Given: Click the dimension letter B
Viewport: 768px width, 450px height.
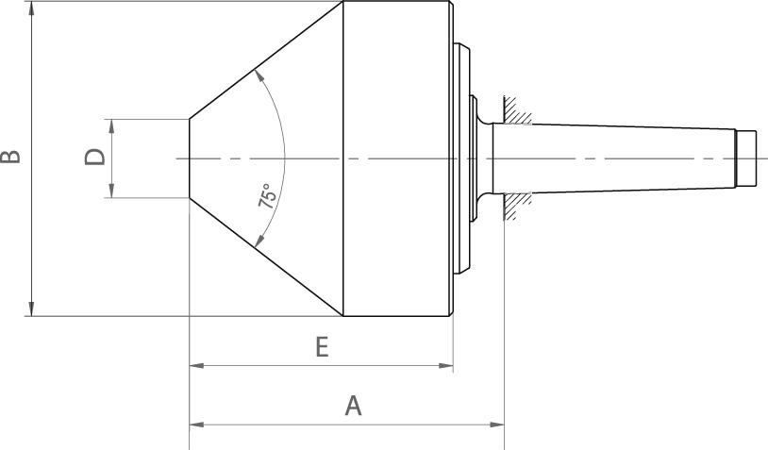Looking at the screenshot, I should point(10,157).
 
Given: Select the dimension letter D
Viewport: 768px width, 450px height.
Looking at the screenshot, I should point(94,157).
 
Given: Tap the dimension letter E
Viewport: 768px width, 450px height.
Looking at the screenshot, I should point(322,347).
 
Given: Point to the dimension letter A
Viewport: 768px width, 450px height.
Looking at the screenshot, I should point(353,406).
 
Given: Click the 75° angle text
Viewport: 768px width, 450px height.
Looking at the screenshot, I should point(267,195).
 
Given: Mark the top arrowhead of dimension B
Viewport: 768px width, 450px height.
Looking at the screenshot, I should point(32,8).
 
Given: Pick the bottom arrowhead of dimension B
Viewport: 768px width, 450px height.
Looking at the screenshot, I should point(32,309).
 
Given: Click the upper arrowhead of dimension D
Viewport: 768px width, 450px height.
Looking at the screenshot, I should point(111,125).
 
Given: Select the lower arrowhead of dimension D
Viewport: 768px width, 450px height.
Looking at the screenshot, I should point(111,192).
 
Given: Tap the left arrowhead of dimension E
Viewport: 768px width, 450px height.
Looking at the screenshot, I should point(196,364).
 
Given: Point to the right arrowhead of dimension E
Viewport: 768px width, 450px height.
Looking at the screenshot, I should point(447,364).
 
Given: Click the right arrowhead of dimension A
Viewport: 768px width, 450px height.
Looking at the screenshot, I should point(498,424).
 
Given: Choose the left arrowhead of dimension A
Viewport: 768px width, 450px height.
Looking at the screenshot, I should point(196,424).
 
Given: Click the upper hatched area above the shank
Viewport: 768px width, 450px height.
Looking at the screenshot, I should point(518,109).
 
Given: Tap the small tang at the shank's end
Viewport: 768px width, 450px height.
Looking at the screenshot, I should point(746,158).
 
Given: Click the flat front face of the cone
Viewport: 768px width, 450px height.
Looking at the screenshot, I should point(191,158).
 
